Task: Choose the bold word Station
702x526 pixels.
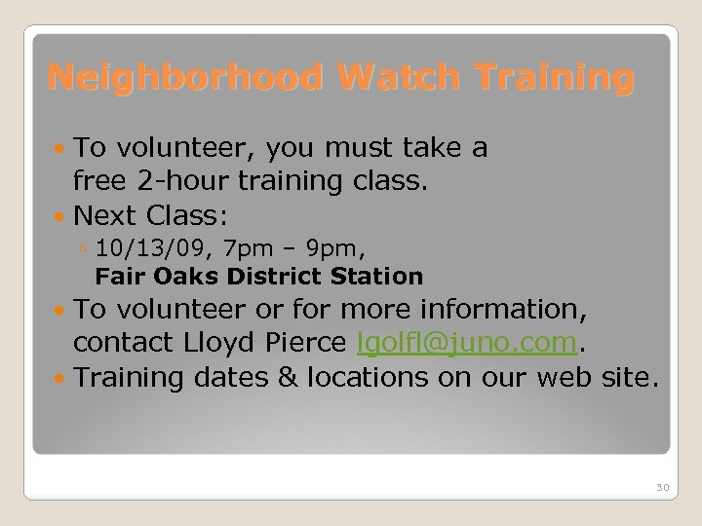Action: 377,277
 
